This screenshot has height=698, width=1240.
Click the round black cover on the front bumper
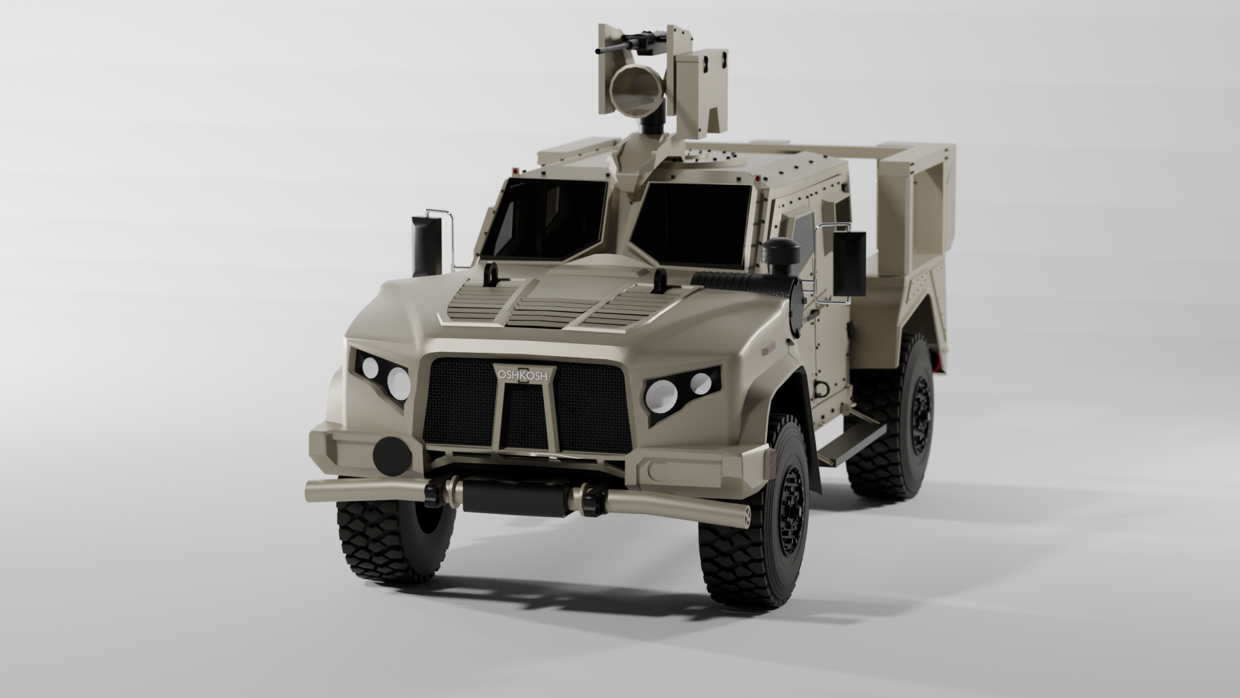coord(391,454)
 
